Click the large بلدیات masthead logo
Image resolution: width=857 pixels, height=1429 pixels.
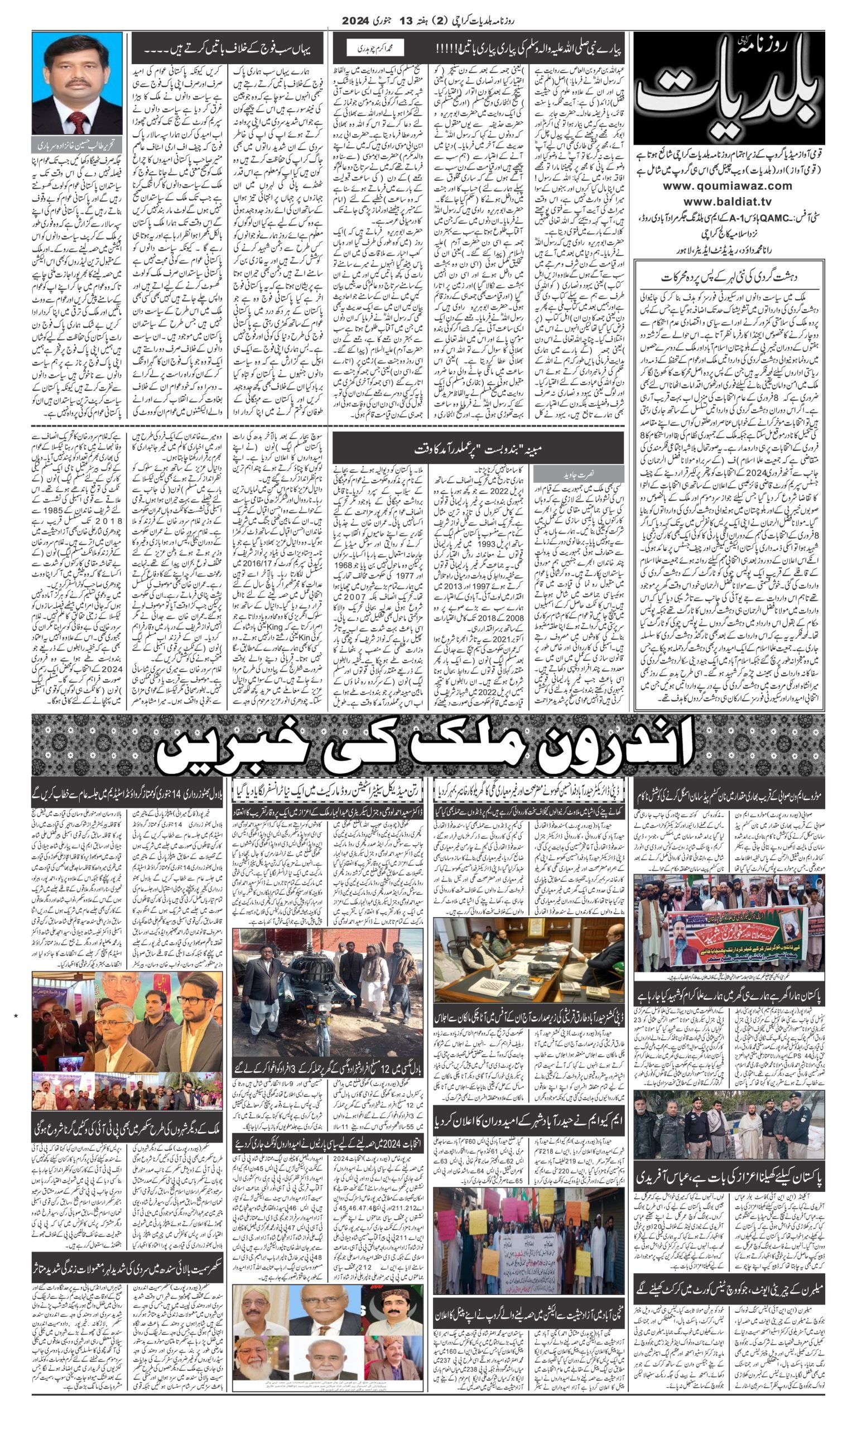[x=729, y=88]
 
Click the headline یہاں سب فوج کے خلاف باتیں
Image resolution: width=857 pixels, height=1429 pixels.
[x=228, y=49]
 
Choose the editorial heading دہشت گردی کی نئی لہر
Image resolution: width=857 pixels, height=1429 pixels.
[x=729, y=276]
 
